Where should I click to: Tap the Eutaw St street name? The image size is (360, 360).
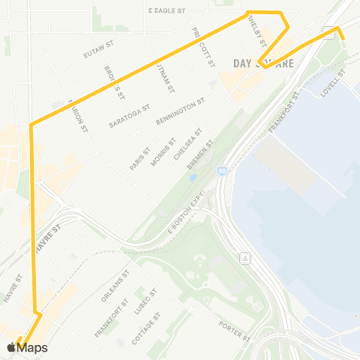click(97, 49)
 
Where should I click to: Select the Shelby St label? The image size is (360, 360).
click(259, 32)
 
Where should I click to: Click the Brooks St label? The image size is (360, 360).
click(114, 85)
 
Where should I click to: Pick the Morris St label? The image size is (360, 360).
click(162, 151)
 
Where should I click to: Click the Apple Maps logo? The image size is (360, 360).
click(27, 347)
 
